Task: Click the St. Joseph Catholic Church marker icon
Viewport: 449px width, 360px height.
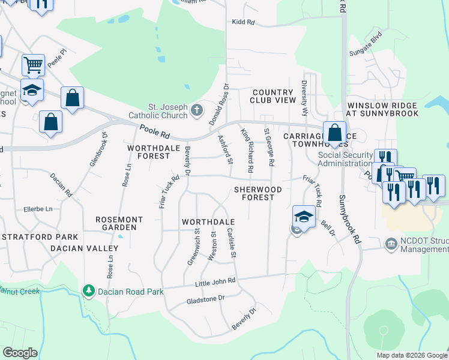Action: click(197, 110)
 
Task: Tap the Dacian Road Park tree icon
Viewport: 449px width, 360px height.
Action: click(89, 291)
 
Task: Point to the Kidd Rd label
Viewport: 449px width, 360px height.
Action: click(243, 22)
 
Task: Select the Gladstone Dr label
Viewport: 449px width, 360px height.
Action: click(205, 298)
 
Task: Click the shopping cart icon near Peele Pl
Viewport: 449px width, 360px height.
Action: click(32, 64)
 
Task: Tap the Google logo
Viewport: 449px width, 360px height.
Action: click(20, 353)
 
